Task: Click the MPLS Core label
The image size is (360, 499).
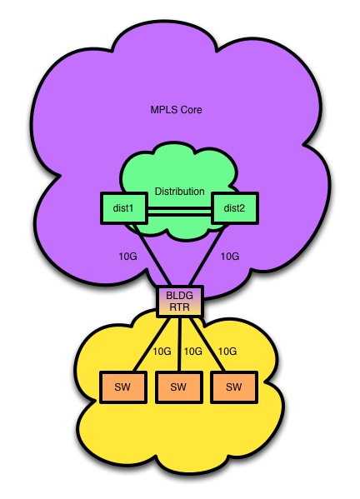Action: (176, 110)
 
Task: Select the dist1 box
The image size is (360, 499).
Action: (123, 208)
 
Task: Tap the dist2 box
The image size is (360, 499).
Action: (235, 208)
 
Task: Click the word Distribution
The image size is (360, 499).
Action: (179, 192)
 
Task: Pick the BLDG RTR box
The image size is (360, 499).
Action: (179, 301)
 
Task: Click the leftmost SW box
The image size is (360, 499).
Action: (123, 387)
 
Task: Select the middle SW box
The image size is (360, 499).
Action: (179, 387)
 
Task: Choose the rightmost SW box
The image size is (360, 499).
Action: (234, 387)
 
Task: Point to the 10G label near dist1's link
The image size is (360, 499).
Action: (128, 257)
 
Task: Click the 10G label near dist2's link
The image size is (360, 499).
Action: (230, 257)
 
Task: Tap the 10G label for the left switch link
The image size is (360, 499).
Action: (162, 352)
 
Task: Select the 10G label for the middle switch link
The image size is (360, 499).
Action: (192, 352)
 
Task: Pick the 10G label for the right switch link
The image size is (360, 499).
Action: (227, 352)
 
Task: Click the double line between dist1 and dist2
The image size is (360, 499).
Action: (179, 212)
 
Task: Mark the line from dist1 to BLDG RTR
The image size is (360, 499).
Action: (152, 255)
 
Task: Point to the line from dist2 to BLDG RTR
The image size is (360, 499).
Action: (207, 255)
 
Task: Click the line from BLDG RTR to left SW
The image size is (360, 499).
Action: (152, 344)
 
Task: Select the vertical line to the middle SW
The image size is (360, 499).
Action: (179, 344)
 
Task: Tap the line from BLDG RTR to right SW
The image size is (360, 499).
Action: (208, 344)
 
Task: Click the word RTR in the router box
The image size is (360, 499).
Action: (179, 307)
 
